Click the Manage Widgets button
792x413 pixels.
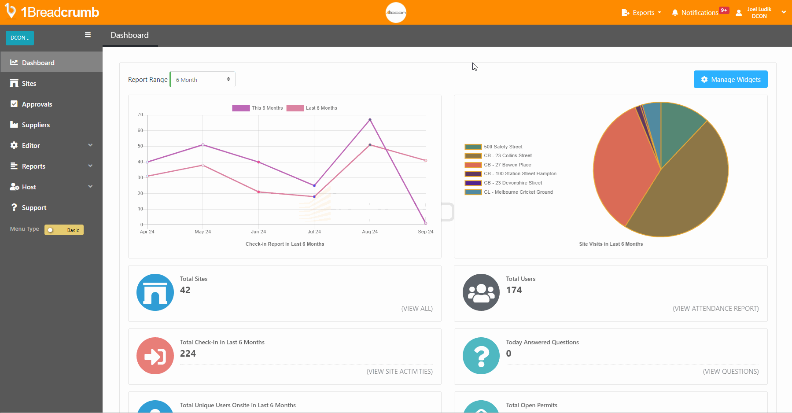730,79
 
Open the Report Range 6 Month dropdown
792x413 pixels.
203,79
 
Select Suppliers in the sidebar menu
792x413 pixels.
36,125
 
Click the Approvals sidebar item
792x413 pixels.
37,104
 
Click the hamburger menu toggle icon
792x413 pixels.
88,35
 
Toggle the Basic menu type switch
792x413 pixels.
64,230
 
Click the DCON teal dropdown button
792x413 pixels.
20,38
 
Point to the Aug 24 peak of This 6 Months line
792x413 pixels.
370,119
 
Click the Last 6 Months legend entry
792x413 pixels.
312,108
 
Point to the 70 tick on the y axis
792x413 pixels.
140,115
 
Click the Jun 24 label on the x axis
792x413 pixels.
258,232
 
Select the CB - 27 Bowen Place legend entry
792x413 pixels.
507,165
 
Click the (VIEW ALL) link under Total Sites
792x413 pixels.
416,309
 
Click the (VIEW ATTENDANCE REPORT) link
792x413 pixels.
715,309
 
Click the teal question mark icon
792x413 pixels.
481,355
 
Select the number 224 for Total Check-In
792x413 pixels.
188,354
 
